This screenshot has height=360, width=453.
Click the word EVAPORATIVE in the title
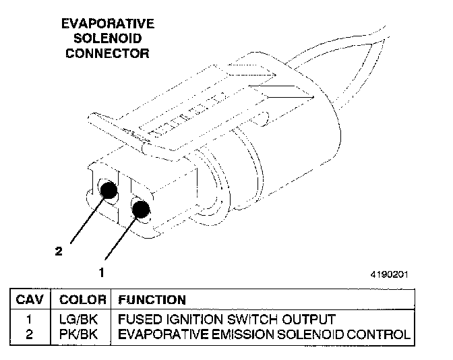108,24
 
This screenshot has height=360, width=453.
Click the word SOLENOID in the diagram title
108,38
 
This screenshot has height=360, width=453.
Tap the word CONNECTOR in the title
108,53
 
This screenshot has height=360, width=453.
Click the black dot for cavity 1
141,210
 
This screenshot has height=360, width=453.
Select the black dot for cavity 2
109,191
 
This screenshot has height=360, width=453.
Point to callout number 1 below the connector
101,273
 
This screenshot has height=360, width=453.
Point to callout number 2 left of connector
59,251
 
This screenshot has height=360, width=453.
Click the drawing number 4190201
388,275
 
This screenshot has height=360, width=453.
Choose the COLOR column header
83,299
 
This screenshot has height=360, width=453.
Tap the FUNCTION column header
152,299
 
